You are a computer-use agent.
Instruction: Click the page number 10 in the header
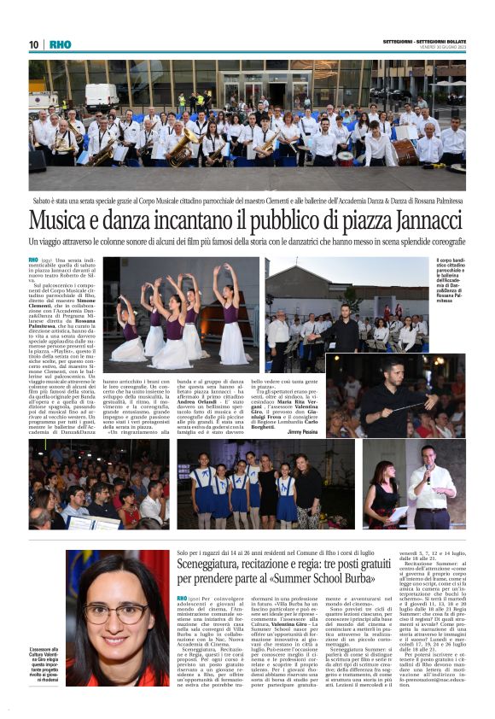[x=34, y=44]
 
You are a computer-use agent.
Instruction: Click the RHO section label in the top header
[x=61, y=44]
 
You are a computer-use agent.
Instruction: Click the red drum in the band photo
[x=428, y=151]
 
